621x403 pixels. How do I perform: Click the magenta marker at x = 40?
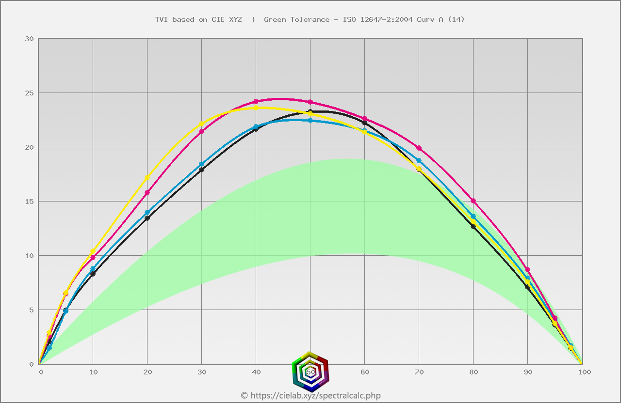coord(256,102)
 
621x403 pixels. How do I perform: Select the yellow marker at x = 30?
coord(201,124)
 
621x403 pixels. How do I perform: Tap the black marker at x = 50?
coord(310,112)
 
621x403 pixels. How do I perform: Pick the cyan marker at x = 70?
coord(419,160)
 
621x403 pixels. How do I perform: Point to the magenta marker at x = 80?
coord(473,201)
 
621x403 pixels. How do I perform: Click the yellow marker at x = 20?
coord(147,177)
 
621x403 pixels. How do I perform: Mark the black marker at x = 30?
coord(201,170)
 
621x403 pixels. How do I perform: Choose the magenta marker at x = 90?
coord(527,269)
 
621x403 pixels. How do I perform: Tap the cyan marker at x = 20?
coord(147,213)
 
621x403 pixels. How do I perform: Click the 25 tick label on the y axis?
coord(29,93)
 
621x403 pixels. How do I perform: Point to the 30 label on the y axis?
coord(29,39)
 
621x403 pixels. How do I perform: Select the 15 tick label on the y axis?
coord(29,201)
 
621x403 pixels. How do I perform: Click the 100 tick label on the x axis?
coord(584,372)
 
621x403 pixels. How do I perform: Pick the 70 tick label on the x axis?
coord(420,372)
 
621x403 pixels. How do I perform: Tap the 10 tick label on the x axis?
coord(93,372)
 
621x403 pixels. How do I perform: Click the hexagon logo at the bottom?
coord(310,372)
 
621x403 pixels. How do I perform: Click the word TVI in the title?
coord(162,19)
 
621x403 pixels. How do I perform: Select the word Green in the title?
coord(275,19)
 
